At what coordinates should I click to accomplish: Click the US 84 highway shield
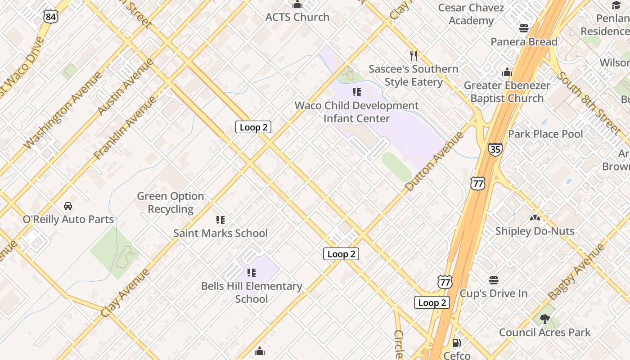click(x=51, y=17)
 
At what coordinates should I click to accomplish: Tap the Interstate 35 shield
click(x=495, y=149)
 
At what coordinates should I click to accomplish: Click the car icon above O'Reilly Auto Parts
click(x=68, y=206)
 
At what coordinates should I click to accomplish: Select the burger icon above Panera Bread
click(x=523, y=28)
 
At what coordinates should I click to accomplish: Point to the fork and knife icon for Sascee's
click(x=414, y=56)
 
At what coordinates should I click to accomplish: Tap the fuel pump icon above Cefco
click(x=456, y=343)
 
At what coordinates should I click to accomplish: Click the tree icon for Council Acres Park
click(x=544, y=319)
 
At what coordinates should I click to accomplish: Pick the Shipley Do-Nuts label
click(x=535, y=231)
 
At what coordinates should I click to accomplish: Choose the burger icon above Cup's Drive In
click(x=493, y=280)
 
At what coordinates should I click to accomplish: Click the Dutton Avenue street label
click(x=434, y=161)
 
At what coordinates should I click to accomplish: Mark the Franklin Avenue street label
click(x=125, y=128)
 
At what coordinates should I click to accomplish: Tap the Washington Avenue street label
click(x=63, y=110)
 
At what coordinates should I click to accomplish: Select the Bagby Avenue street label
click(x=576, y=272)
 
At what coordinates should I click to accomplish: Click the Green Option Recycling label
click(x=171, y=202)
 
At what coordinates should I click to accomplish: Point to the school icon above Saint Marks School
click(x=220, y=220)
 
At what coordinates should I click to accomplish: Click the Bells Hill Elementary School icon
click(x=252, y=273)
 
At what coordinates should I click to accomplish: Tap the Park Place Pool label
click(x=545, y=134)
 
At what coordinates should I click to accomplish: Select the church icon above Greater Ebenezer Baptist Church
click(x=507, y=72)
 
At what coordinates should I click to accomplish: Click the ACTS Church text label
click(x=297, y=17)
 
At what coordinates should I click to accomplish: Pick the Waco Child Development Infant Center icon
click(x=357, y=93)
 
